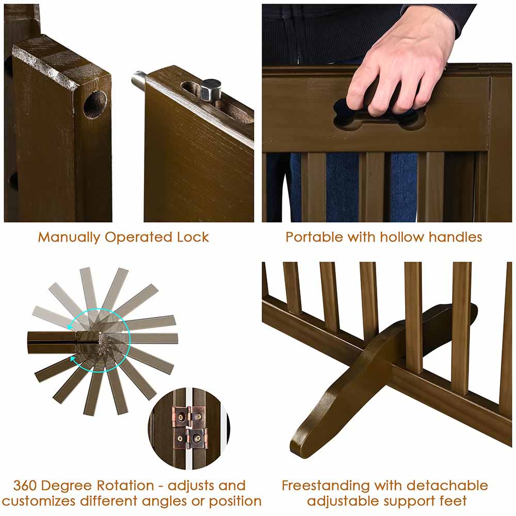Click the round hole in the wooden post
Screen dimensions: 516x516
point(95,104)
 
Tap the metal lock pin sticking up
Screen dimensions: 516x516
point(210,90)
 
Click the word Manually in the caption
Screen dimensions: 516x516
point(69,237)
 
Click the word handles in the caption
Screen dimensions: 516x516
point(457,237)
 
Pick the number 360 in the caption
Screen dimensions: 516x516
point(28,486)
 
